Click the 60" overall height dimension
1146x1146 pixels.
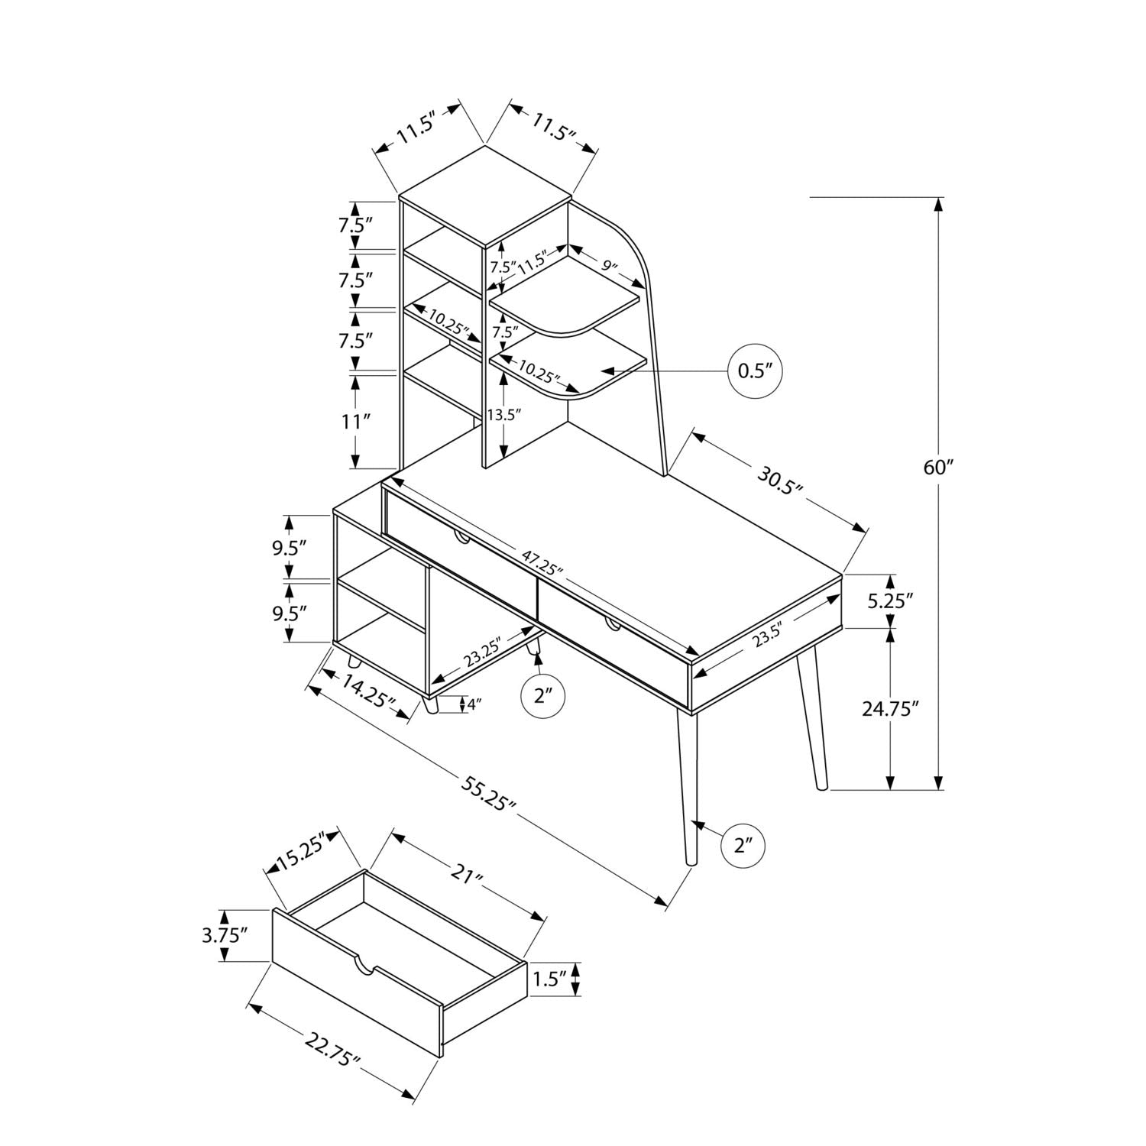tap(934, 467)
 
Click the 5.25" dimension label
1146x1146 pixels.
tap(891, 601)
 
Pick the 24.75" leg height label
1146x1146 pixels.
tap(889, 708)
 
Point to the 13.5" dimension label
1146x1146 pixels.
tap(503, 415)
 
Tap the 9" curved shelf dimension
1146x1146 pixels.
tap(609, 265)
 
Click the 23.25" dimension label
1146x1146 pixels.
tap(482, 651)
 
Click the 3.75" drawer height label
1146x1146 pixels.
tap(225, 934)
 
